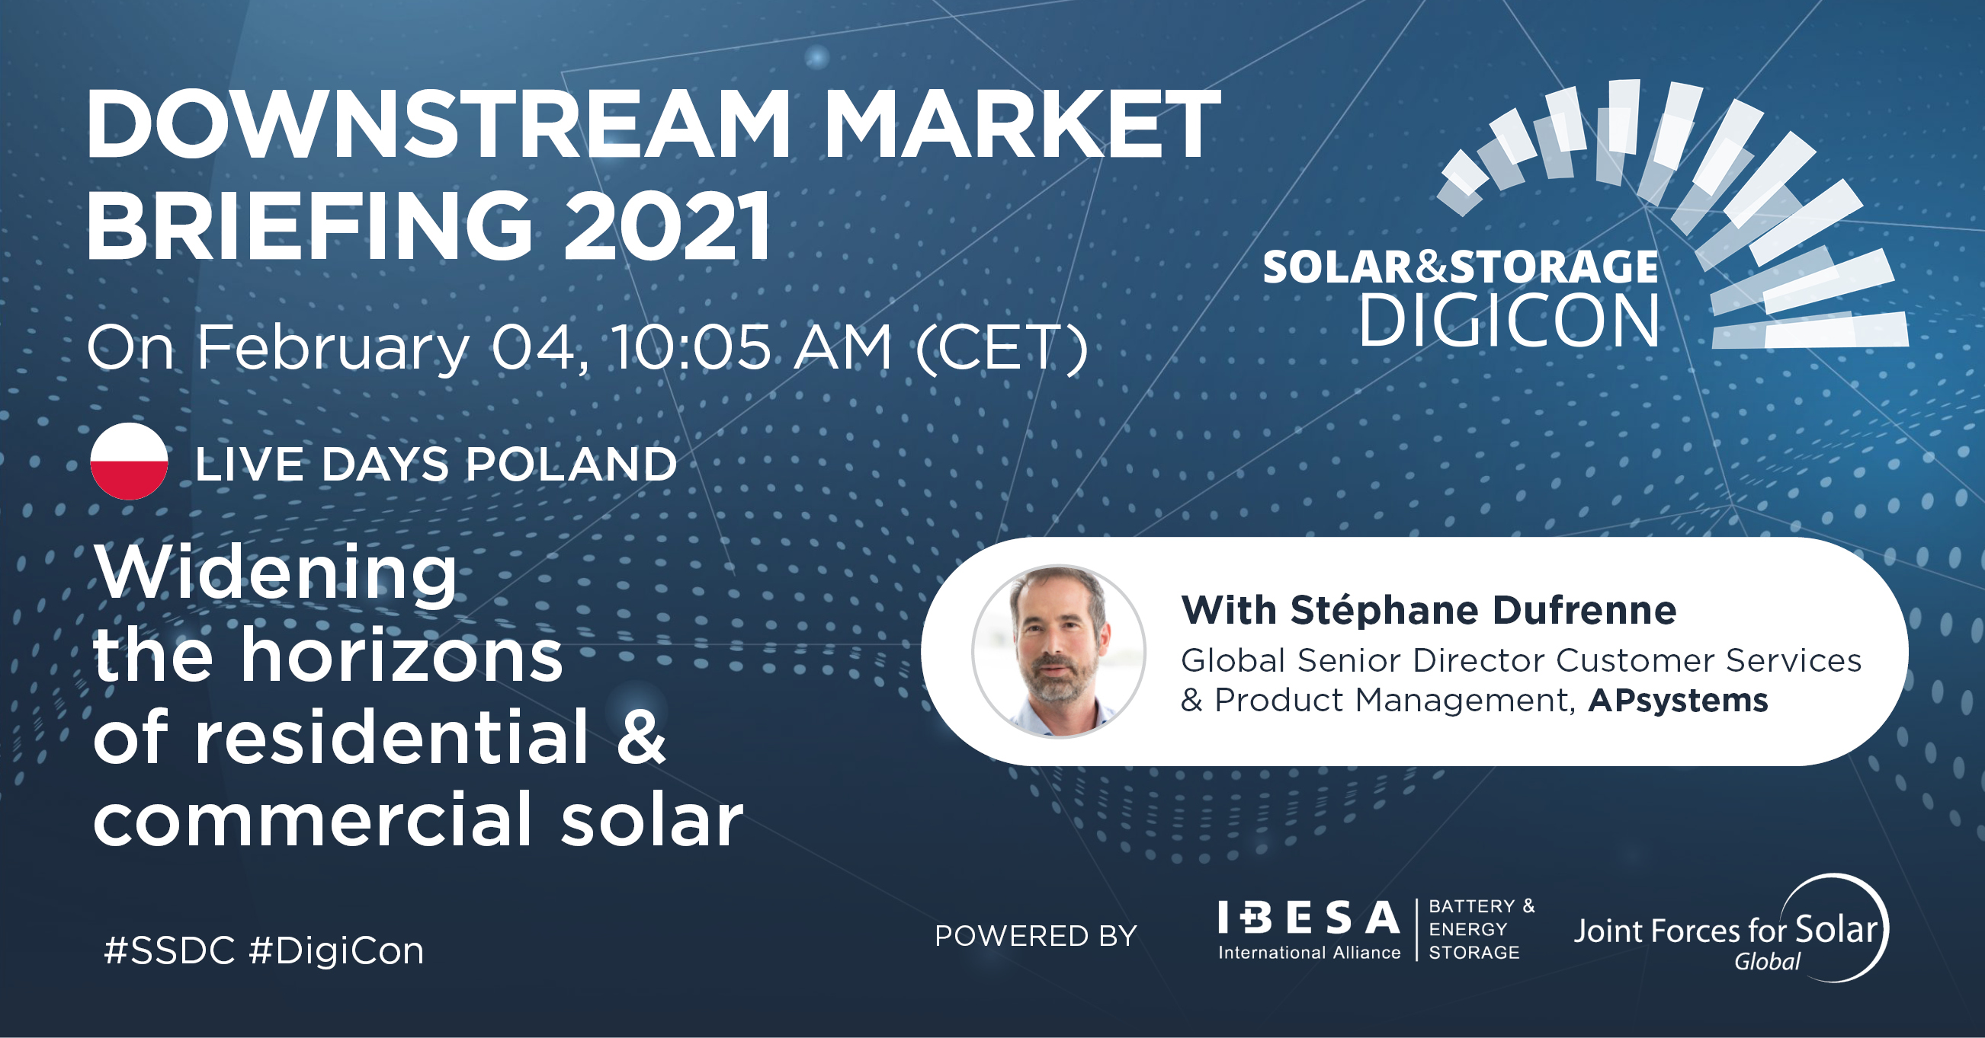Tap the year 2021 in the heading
point(667,226)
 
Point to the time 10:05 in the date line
point(691,347)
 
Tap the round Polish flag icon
point(130,462)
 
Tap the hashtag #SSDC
point(169,951)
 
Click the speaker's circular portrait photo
point(1059,651)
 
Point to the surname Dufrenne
point(1584,611)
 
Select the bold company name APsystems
point(1679,701)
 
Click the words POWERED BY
point(1036,936)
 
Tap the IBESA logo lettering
point(1308,917)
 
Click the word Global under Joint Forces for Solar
point(1767,962)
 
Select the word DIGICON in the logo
point(1508,321)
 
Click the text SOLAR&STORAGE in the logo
point(1461,267)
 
